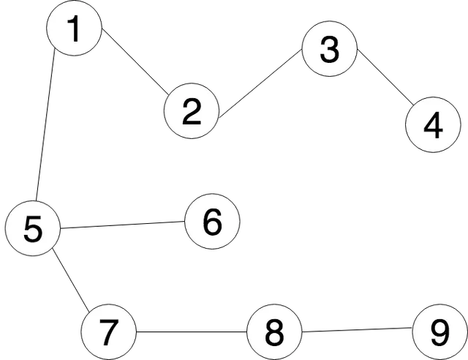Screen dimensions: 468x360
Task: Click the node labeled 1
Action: [x=75, y=28]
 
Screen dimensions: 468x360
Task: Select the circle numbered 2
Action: [x=192, y=110]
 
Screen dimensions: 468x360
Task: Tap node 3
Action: [x=330, y=49]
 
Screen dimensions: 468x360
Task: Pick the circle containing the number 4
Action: [x=433, y=124]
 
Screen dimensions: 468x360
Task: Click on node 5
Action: [x=32, y=228]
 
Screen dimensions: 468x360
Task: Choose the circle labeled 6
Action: [x=212, y=222]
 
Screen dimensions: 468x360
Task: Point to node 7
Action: [x=109, y=332]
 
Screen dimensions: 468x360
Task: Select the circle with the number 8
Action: [x=274, y=332]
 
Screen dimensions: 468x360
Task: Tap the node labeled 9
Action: [x=440, y=332]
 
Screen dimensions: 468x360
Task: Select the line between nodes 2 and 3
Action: [x=260, y=84]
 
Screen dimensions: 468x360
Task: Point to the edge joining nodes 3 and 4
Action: [x=385, y=78]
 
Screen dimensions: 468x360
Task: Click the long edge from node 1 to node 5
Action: [x=45, y=124]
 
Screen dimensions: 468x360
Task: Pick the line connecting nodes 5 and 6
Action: [x=123, y=225]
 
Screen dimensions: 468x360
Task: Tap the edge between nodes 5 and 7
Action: [x=71, y=280]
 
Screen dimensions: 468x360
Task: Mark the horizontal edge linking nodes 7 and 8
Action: [x=192, y=331]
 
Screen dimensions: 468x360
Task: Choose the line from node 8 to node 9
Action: [x=358, y=330]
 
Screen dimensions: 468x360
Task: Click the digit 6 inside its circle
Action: [x=213, y=222]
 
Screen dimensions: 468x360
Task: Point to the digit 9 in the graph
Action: [x=440, y=332]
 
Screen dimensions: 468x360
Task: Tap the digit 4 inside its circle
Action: [x=433, y=125]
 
